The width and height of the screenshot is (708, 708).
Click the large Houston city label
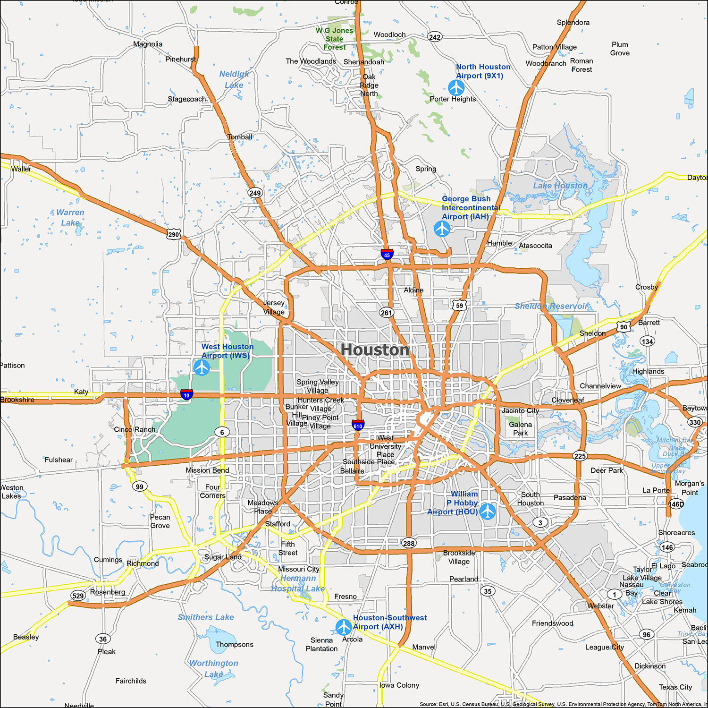click(x=375, y=350)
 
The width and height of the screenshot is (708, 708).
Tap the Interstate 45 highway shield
click(x=387, y=254)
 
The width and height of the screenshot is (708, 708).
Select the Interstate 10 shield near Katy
click(x=186, y=394)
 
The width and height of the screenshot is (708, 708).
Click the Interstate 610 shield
click(x=358, y=425)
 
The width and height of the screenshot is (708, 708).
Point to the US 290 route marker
click(x=174, y=234)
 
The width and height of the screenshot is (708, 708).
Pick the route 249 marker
click(x=255, y=193)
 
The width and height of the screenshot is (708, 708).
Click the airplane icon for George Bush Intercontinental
click(x=442, y=229)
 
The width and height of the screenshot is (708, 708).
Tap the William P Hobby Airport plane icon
click(x=488, y=511)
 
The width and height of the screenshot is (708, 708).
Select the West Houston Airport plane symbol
click(x=202, y=367)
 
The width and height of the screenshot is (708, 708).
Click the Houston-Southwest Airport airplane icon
click(x=344, y=627)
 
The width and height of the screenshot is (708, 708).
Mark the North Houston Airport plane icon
click(x=456, y=87)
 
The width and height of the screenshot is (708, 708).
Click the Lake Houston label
click(x=560, y=186)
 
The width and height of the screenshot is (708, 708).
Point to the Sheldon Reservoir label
click(x=551, y=306)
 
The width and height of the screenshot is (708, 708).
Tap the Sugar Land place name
click(x=223, y=557)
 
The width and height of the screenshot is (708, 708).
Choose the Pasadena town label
click(x=570, y=497)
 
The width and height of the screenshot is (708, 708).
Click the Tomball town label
click(x=240, y=137)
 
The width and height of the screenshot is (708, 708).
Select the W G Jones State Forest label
click(x=335, y=39)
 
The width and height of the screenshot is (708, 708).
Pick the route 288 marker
click(x=409, y=543)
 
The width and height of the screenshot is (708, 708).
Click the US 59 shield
click(x=460, y=305)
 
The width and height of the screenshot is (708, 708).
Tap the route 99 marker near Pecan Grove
click(x=139, y=486)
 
